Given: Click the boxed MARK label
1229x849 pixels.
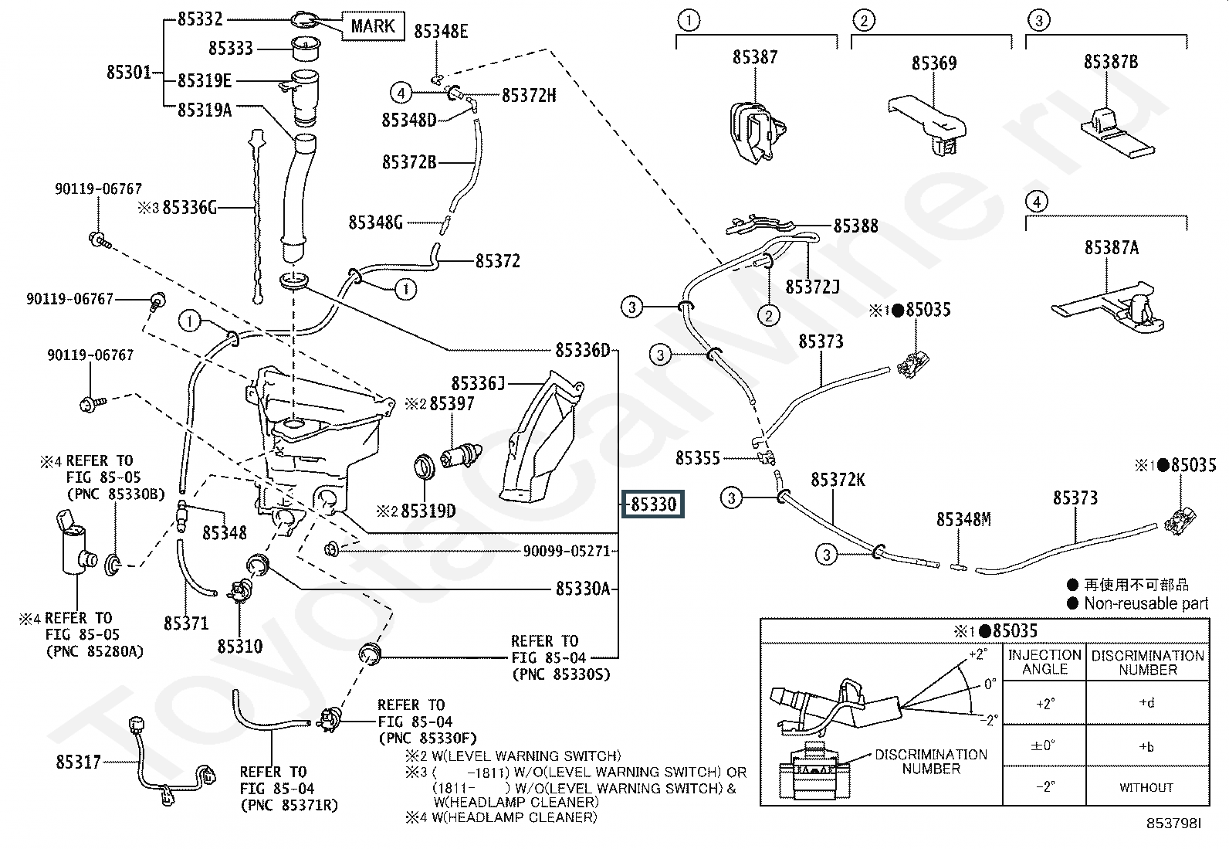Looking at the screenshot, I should (373, 25).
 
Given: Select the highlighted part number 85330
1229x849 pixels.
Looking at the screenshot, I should (653, 504).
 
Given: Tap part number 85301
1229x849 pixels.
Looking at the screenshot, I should (129, 73).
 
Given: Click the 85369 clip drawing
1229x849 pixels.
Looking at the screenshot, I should (931, 124).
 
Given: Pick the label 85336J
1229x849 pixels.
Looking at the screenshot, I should (478, 383).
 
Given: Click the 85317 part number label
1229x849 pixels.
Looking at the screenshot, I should (78, 762).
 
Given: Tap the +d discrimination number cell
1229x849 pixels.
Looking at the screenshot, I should (1146, 703).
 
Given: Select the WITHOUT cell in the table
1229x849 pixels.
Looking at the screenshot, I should (1146, 787).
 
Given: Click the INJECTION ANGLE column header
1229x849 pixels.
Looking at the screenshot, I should (1044, 662).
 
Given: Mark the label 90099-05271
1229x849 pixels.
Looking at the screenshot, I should (567, 551).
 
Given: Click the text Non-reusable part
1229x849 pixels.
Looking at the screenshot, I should (1146, 603).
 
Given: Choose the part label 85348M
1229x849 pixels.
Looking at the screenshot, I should (963, 520).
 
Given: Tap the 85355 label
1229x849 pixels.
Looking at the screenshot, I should (697, 458).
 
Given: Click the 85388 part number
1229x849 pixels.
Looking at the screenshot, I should (855, 226).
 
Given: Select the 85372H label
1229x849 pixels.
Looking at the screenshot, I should (529, 95).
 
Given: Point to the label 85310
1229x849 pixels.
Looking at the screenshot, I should (239, 646).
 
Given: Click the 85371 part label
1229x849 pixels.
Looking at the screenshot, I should (186, 623).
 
